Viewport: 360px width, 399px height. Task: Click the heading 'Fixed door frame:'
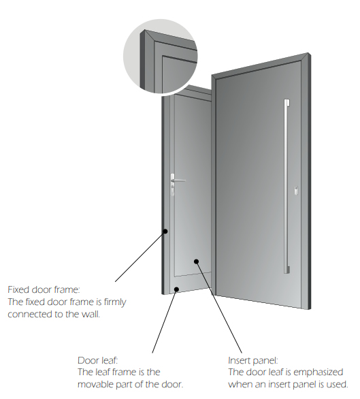[x=44, y=289]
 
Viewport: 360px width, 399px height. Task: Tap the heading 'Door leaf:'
[x=98, y=360]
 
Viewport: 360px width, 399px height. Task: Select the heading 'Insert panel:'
[x=253, y=360]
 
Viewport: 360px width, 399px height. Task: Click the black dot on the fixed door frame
[x=165, y=232]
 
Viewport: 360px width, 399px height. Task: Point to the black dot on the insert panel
[x=196, y=261]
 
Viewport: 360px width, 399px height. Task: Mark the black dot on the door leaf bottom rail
[x=176, y=289]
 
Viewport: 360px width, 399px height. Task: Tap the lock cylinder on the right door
[x=297, y=191]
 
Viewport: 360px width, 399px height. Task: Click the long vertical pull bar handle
[x=287, y=187]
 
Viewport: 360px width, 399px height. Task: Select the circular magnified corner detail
[x=161, y=57]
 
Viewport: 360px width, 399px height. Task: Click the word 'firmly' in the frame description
[x=115, y=302]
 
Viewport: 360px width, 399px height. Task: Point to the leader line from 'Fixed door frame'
[x=140, y=257]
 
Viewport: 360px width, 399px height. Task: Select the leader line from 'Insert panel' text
[x=219, y=307]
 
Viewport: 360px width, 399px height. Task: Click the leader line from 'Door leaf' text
[x=164, y=321]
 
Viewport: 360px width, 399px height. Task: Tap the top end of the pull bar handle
[x=287, y=100]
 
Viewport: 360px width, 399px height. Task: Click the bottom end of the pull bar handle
[x=287, y=272]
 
